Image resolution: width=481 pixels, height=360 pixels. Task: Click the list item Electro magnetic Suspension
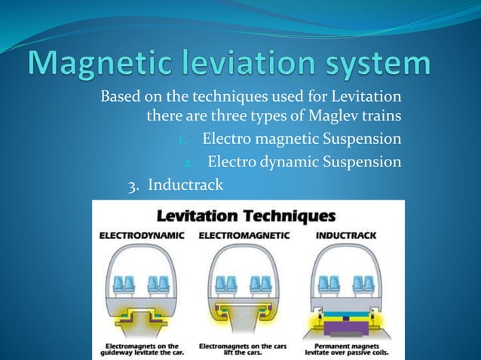(302, 139)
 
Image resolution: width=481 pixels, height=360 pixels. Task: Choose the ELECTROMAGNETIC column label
(244, 236)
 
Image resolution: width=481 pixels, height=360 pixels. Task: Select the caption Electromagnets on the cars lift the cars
(244, 349)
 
